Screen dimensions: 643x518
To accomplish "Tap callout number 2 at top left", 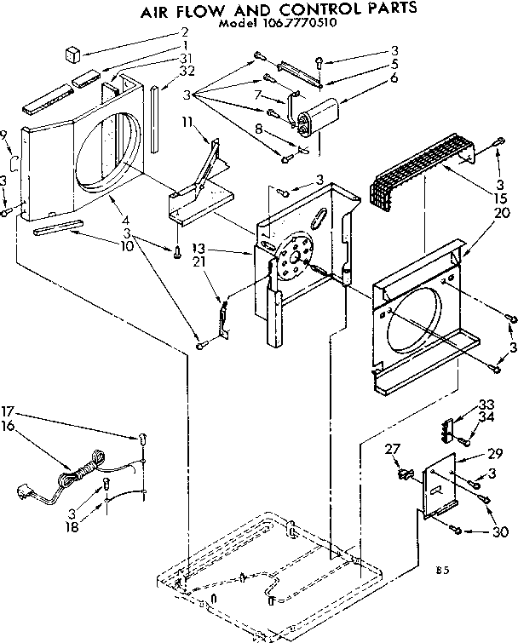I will click(x=183, y=33).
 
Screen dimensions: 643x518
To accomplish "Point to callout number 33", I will click(x=486, y=405).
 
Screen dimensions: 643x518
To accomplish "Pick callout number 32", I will click(x=186, y=71).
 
